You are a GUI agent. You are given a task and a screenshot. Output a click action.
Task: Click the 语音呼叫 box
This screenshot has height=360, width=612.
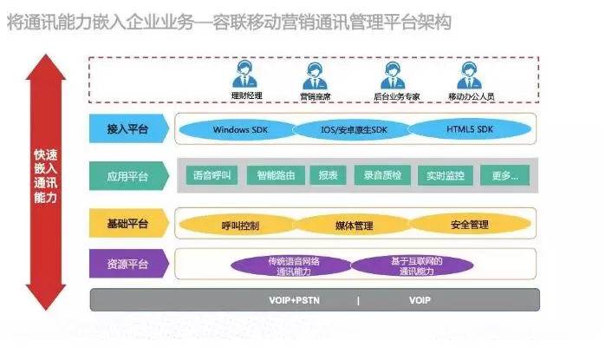[210, 176]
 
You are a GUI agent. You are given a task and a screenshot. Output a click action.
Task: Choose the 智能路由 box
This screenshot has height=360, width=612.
[276, 176]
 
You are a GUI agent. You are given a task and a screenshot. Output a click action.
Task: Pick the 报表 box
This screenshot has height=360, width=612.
[329, 176]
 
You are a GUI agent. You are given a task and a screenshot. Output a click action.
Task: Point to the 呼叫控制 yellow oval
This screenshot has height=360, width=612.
[240, 225]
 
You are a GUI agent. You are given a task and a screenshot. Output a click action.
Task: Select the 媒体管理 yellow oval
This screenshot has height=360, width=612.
[354, 225]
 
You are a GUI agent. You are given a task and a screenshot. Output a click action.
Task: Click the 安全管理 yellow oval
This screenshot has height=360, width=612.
[469, 225]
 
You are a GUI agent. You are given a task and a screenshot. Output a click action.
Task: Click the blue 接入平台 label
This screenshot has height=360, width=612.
[127, 130]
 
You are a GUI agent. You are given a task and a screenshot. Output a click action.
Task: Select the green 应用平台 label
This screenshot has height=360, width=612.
[127, 176]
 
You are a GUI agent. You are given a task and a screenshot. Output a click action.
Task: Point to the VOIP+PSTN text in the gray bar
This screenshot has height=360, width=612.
[293, 301]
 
